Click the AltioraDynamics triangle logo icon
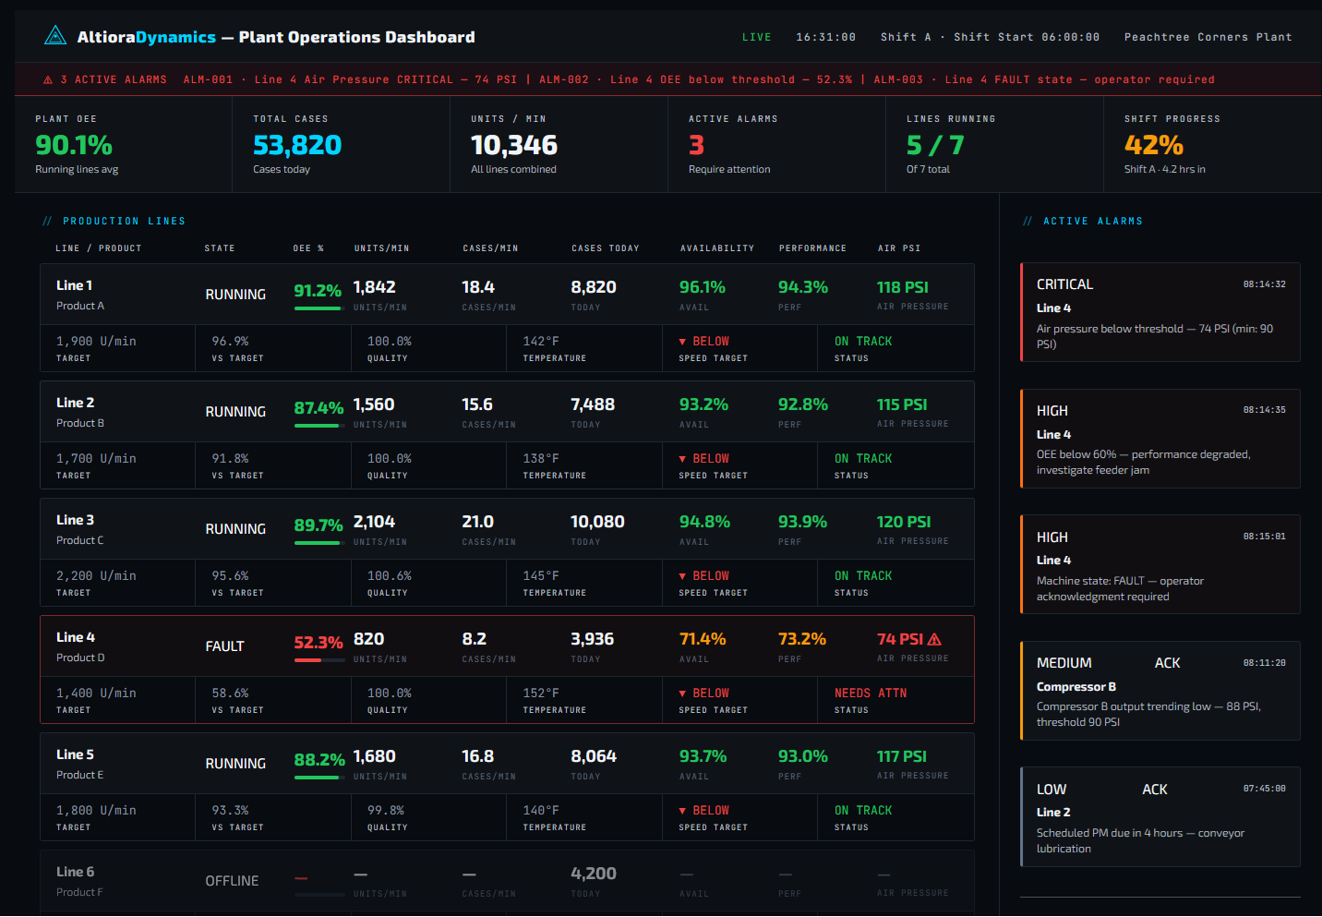[55, 36]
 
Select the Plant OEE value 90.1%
[74, 145]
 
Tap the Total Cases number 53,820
[297, 145]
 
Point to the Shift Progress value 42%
[1154, 145]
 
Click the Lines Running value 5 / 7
[935, 145]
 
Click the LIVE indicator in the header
[756, 37]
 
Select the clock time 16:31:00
[825, 37]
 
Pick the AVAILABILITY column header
[717, 248]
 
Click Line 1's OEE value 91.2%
[318, 290]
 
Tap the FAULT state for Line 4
[224, 646]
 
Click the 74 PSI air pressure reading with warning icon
[908, 639]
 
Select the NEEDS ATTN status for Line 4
[870, 693]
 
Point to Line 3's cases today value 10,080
[597, 522]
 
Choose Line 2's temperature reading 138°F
[541, 458]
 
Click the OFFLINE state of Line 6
[232, 881]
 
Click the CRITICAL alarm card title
[1064, 284]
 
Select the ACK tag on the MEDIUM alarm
[1167, 663]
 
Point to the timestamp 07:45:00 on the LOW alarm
[1264, 789]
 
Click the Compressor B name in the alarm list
[1076, 686]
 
